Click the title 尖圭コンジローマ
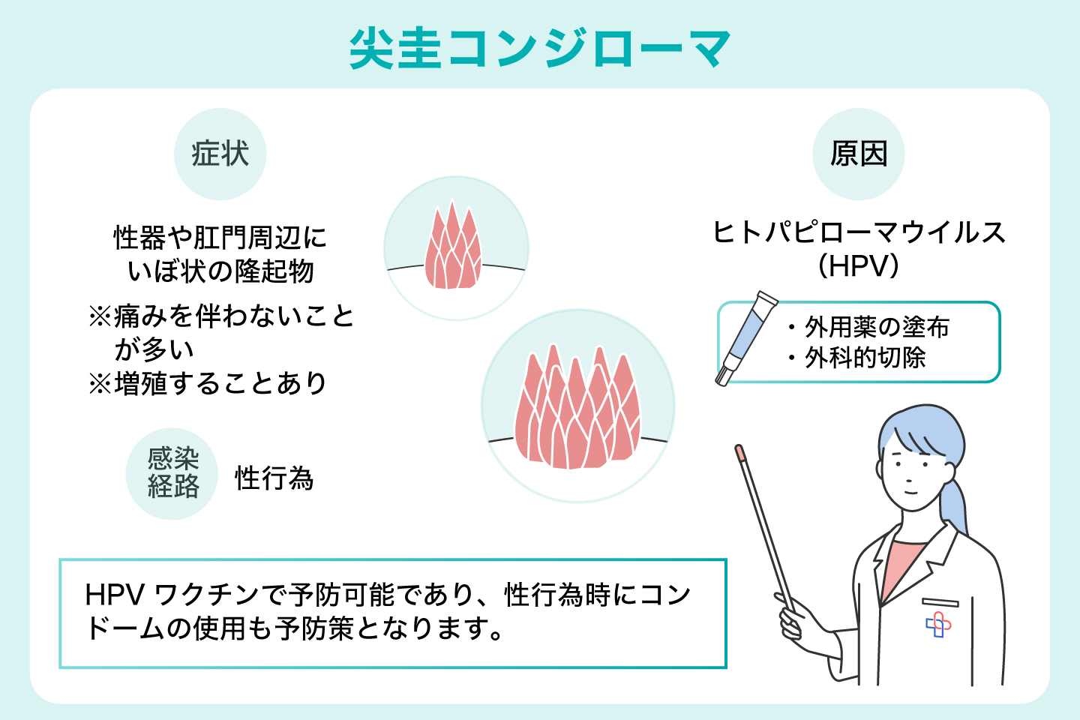click(540, 49)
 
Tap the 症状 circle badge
click(220, 154)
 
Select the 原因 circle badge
click(858, 154)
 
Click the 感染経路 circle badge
click(172, 474)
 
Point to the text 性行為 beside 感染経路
click(274, 478)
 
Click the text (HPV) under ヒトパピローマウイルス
click(858, 266)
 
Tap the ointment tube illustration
click(747, 337)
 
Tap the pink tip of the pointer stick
click(739, 452)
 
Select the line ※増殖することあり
click(208, 384)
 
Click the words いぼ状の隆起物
click(220, 271)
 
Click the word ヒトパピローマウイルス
click(858, 232)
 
